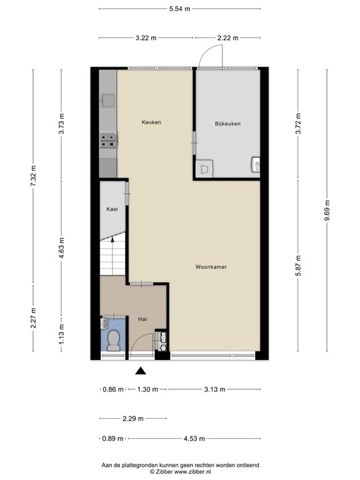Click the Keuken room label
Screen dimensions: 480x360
coord(151,122)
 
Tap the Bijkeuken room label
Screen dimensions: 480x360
coord(227,124)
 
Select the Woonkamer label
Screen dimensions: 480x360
coord(211,267)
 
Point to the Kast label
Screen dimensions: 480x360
coord(112,209)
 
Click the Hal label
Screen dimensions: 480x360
coord(142,319)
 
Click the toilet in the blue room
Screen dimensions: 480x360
coord(113,341)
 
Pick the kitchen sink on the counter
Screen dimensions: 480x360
coord(107,100)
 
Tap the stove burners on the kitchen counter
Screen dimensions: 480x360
coord(107,141)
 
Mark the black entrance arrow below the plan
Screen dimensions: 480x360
coord(141,371)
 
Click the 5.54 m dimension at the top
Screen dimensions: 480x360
coord(180,9)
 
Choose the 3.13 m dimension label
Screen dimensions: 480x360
coord(211,389)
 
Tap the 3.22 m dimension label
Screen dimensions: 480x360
coord(146,38)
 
